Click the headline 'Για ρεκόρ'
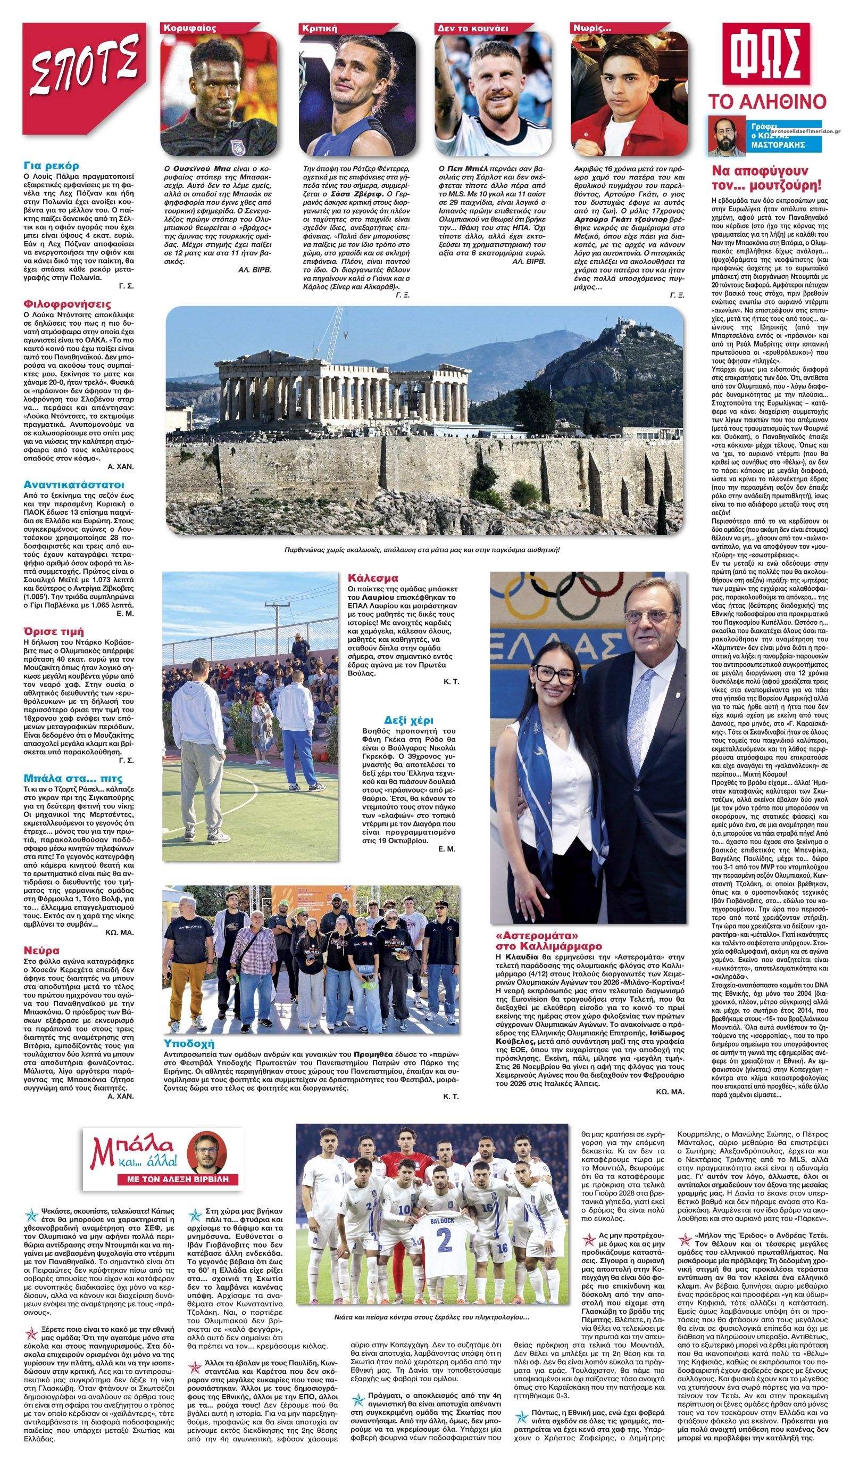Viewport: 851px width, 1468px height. (x=51, y=166)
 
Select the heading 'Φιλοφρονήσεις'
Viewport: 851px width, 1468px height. (x=67, y=303)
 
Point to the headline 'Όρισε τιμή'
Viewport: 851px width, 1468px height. (x=54, y=631)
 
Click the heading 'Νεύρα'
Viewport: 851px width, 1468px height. (x=41, y=951)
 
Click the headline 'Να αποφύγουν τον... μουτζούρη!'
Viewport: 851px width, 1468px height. (x=766, y=178)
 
